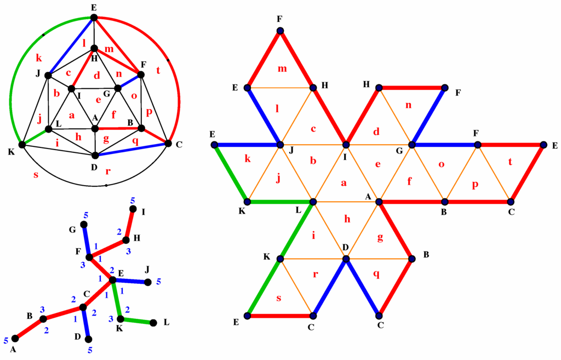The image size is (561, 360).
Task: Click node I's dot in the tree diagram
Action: [133, 209]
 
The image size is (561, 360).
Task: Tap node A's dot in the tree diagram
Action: [15, 338]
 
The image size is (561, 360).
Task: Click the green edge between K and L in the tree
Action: [137, 321]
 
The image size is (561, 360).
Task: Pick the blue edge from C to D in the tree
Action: [86, 323]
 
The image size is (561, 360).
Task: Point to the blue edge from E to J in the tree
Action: [130, 281]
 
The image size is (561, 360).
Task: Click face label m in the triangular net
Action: [283, 68]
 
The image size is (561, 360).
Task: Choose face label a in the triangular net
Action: [344, 184]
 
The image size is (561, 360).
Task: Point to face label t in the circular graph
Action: [158, 70]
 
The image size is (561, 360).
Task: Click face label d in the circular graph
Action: [96, 75]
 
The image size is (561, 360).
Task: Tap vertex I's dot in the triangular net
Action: [346, 145]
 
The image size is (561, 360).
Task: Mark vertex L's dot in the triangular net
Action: [313, 202]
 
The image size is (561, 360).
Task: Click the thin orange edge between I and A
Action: [362, 174]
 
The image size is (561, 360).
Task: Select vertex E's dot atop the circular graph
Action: [94, 18]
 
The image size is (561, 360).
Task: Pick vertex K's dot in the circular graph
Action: [22, 145]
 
